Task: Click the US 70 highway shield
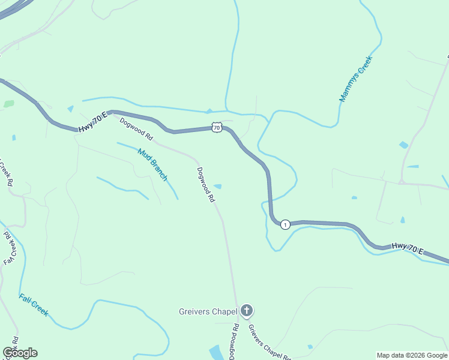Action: pos(217,127)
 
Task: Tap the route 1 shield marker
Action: pos(285,224)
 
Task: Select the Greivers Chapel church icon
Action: pos(246,311)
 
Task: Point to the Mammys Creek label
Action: pos(356,79)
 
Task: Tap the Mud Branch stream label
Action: pos(152,164)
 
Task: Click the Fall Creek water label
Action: pos(33,305)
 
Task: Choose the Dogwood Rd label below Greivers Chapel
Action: pos(234,341)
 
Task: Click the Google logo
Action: pos(20,353)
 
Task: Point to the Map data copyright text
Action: pos(412,355)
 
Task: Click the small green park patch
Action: pos(8,104)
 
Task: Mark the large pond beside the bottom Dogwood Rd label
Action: pos(216,352)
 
